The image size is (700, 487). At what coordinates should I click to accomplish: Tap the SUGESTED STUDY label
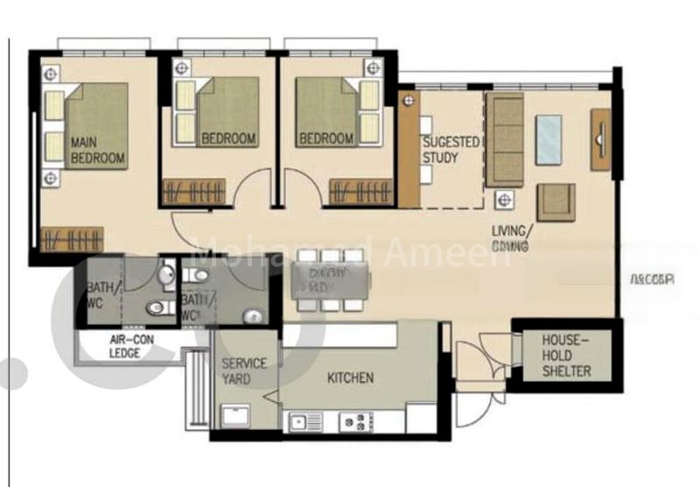[x=451, y=149]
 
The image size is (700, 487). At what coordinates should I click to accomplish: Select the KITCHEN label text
[x=351, y=378]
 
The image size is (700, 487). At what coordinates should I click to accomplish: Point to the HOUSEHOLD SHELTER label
[x=566, y=355]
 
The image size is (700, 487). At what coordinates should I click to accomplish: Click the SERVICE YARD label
[x=244, y=371]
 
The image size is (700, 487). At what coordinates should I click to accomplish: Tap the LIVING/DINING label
[x=510, y=239]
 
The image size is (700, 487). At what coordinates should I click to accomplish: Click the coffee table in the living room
[x=549, y=139]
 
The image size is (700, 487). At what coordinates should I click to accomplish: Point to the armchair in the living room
[x=556, y=201]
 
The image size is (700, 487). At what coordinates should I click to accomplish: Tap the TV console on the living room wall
[x=601, y=139]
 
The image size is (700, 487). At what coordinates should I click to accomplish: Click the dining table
[x=329, y=281]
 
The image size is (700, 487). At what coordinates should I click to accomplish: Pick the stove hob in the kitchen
[x=359, y=420]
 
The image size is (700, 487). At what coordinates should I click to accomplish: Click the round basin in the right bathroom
[x=254, y=316]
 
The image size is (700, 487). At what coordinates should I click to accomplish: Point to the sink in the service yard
[x=235, y=415]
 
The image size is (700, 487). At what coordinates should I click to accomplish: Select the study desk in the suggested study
[x=409, y=149]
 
